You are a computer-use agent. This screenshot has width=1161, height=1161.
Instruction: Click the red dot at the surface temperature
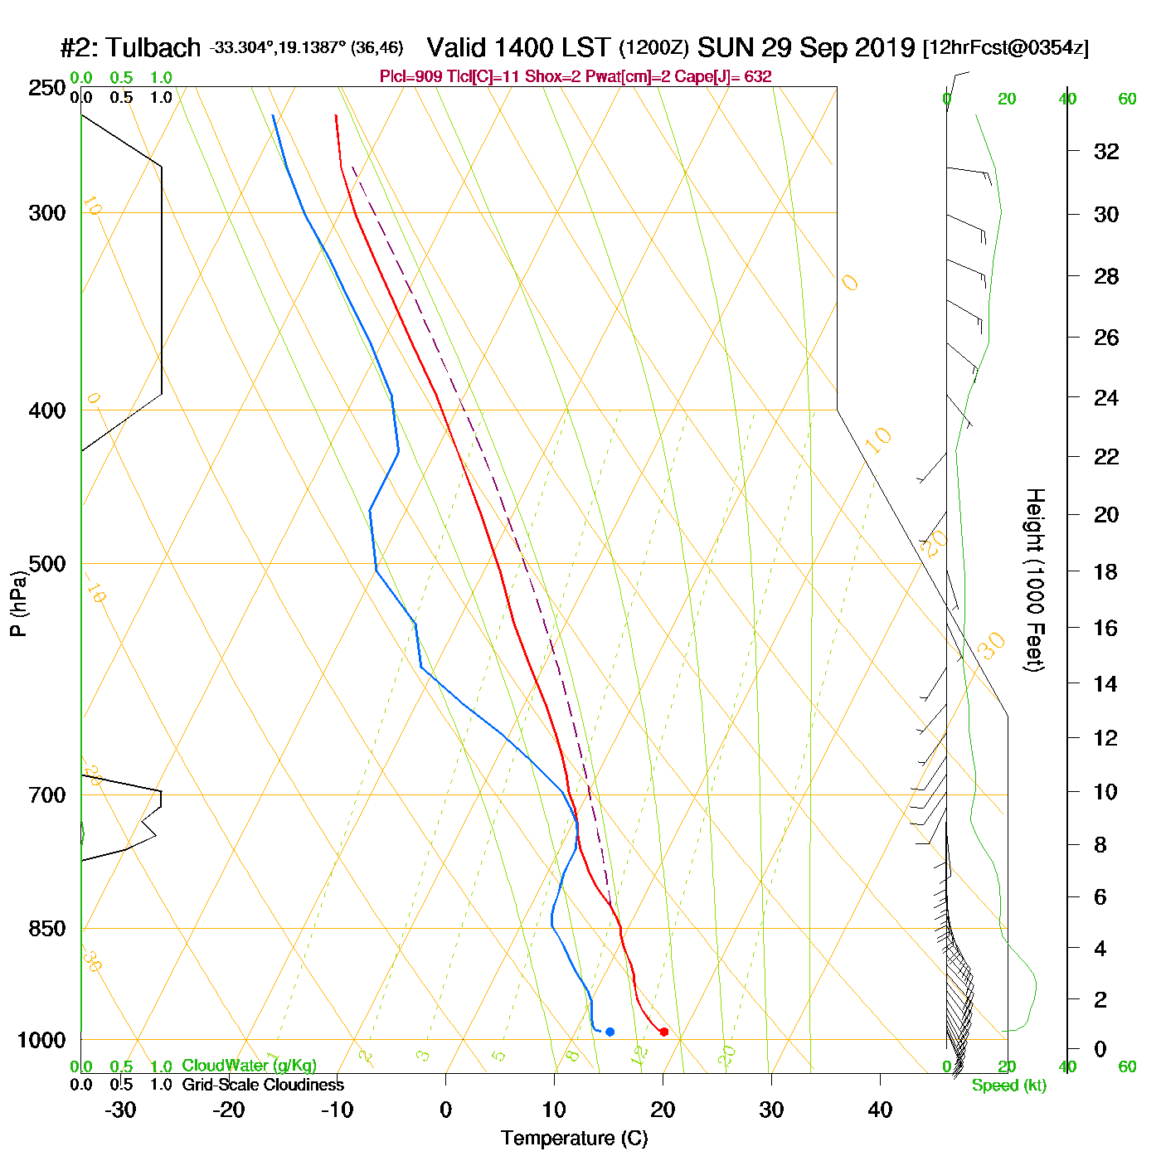pyautogui.click(x=663, y=1032)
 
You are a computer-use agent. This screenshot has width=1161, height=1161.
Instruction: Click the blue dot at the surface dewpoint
pyautogui.click(x=610, y=1032)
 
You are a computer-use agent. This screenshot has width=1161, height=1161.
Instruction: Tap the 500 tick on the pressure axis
pyautogui.click(x=47, y=564)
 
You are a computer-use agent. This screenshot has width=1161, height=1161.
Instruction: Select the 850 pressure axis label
pyautogui.click(x=47, y=929)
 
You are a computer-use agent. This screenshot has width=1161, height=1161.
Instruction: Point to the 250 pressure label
pyautogui.click(x=47, y=88)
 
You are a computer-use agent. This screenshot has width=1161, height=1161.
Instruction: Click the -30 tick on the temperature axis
pyautogui.click(x=121, y=1110)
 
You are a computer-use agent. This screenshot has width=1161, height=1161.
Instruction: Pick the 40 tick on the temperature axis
pyautogui.click(x=880, y=1110)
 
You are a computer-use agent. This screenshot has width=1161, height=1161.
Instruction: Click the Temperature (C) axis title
pyautogui.click(x=574, y=1139)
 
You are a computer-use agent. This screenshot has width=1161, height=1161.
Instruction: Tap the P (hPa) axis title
pyautogui.click(x=18, y=603)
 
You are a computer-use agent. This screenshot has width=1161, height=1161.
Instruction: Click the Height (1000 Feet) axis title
pyautogui.click(x=1035, y=580)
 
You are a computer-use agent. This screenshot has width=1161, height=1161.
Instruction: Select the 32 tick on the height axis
pyautogui.click(x=1106, y=151)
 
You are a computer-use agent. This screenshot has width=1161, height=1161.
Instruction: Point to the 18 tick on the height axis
pyautogui.click(x=1106, y=571)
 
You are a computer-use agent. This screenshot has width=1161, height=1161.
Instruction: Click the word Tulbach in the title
pyautogui.click(x=153, y=47)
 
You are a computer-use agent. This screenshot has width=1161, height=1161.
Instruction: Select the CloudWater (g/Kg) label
pyautogui.click(x=249, y=1066)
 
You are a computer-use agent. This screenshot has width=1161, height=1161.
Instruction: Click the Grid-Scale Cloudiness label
pyautogui.click(x=263, y=1085)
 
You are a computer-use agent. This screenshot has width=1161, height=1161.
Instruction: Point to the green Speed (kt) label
pyautogui.click(x=1008, y=1086)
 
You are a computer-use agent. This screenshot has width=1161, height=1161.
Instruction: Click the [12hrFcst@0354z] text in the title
pyautogui.click(x=1005, y=47)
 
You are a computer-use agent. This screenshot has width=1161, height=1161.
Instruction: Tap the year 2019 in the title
pyautogui.click(x=884, y=47)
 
